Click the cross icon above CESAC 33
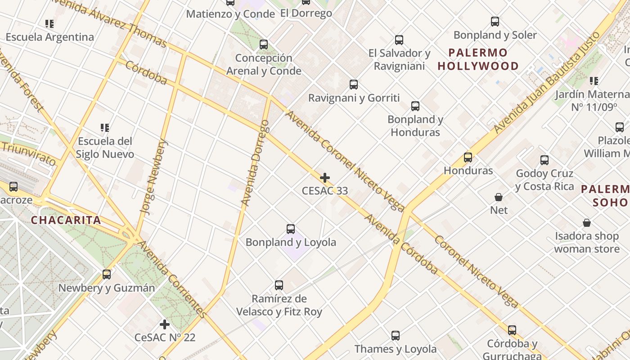(324, 178)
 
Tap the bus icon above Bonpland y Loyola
(291, 229)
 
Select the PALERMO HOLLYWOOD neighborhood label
(478, 59)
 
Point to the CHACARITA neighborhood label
(66, 220)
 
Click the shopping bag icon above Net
(499, 197)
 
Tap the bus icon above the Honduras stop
(468, 157)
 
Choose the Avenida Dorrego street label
(255, 163)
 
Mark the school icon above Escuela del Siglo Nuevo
(105, 128)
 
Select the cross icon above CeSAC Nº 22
(165, 324)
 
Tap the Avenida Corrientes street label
(172, 279)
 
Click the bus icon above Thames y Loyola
(395, 336)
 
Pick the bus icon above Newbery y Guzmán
(107, 274)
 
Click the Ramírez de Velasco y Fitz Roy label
(279, 305)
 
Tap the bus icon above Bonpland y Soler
(495, 22)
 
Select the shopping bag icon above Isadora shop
(587, 223)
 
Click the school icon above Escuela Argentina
(49, 24)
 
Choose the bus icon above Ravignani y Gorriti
(354, 85)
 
